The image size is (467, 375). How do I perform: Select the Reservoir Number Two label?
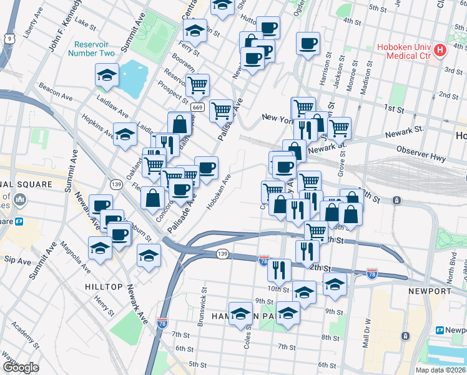pos(94,49)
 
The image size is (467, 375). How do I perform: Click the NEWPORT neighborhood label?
pos(430,291)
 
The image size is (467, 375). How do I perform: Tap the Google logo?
pos(21,367)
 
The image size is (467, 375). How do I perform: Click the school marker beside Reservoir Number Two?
pos(107,76)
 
